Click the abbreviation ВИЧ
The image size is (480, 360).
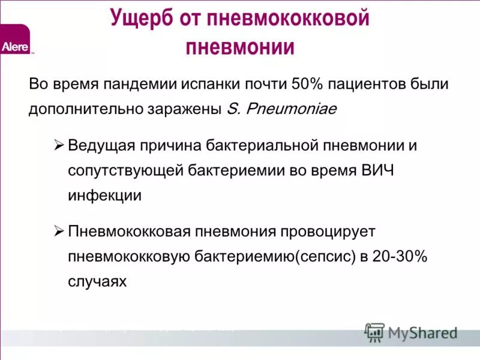[x=377, y=170]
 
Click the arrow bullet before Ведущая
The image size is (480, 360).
[x=58, y=145]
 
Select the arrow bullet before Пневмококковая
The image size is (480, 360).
[x=58, y=230]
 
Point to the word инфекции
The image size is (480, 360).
[x=105, y=196]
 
